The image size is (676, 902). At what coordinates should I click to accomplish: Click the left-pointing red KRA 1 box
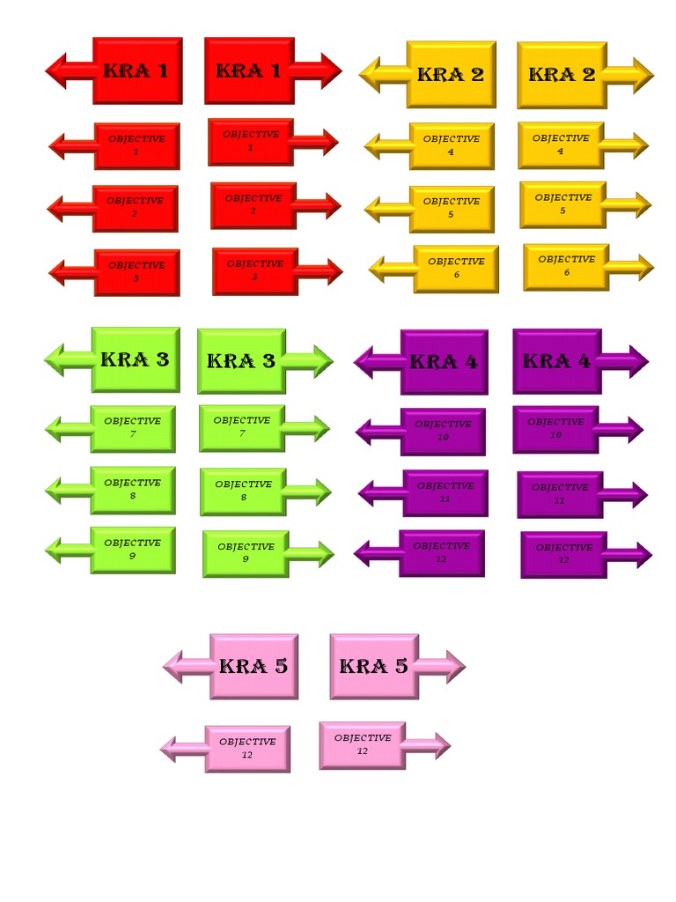(x=136, y=70)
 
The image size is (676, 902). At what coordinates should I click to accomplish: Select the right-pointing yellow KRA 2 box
(x=562, y=75)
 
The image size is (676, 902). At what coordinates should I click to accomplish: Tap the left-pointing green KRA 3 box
(x=135, y=359)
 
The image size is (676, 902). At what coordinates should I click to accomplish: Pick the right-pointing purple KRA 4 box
(x=556, y=360)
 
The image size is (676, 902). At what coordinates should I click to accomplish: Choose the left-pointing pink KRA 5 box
(x=253, y=666)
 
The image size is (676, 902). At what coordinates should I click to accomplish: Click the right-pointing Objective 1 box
(x=251, y=142)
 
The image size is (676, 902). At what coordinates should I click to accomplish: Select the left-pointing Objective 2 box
(x=135, y=208)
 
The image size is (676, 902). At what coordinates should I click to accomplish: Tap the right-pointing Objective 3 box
(x=254, y=270)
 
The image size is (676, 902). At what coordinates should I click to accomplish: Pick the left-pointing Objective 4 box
(x=451, y=145)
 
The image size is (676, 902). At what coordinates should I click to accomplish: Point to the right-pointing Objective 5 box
(x=562, y=204)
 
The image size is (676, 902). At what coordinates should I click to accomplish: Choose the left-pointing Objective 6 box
(x=456, y=268)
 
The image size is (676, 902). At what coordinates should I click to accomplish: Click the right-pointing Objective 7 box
(x=241, y=427)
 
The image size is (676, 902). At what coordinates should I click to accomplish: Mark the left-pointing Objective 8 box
(x=132, y=490)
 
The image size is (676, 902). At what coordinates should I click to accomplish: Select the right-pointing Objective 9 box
(x=246, y=553)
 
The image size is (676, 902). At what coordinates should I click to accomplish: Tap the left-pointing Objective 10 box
(x=443, y=431)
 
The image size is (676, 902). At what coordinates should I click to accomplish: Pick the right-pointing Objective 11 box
(x=560, y=494)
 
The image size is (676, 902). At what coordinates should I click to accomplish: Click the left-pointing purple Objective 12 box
(x=441, y=553)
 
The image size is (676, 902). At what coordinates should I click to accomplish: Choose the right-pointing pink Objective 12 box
(x=362, y=745)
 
